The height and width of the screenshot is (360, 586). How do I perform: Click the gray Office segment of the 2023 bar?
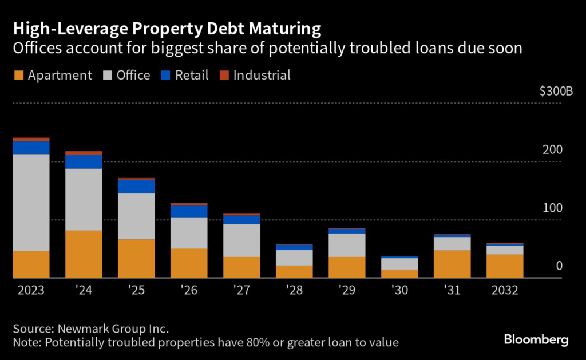(x=31, y=202)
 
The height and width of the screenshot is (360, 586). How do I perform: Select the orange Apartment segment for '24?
(x=84, y=254)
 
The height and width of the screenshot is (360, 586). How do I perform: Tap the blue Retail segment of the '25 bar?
(x=136, y=186)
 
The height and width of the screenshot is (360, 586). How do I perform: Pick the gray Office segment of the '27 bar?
(x=241, y=240)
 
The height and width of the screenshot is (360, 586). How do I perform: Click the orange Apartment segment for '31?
(x=452, y=264)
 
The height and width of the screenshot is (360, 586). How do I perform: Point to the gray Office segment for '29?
(x=347, y=245)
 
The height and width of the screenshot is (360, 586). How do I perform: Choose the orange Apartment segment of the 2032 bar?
(x=505, y=266)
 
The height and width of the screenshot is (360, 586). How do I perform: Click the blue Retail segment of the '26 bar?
(x=189, y=211)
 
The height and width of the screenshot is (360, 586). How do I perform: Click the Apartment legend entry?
(x=53, y=75)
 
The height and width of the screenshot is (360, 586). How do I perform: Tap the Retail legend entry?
(x=184, y=75)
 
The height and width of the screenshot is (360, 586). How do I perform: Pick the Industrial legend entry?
(x=256, y=75)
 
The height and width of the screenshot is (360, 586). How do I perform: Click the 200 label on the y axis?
(x=553, y=150)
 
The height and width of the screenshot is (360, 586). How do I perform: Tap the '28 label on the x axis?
(x=294, y=290)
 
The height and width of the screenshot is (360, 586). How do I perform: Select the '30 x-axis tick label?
(x=399, y=290)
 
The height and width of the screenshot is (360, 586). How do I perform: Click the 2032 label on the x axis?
(x=505, y=290)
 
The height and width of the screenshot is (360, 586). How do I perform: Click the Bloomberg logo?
(x=536, y=339)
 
